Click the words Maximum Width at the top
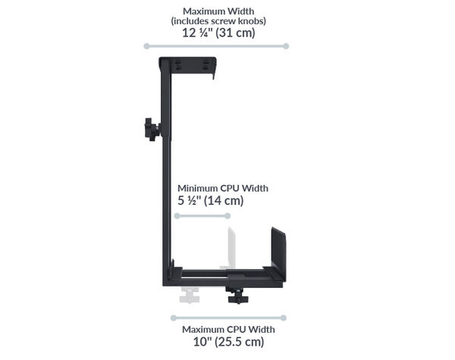pyautogui.click(x=218, y=11)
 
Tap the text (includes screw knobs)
pyautogui.click(x=218, y=21)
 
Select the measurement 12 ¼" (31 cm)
pyautogui.click(x=218, y=33)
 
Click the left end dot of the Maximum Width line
pyautogui.click(x=146, y=46)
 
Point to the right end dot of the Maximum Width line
pyautogui.click(x=286, y=46)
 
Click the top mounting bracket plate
pyautogui.click(x=188, y=66)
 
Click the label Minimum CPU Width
pyautogui.click(x=223, y=188)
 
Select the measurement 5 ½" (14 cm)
pyautogui.click(x=211, y=201)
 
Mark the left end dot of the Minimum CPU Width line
pyautogui.click(x=176, y=216)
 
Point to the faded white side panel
pyautogui.click(x=230, y=246)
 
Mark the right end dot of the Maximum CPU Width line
pyautogui.click(x=284, y=318)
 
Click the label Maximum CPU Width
pyautogui.click(x=228, y=330)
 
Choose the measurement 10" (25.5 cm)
pyautogui.click(x=228, y=343)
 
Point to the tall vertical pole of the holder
pyautogui.click(x=168, y=174)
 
